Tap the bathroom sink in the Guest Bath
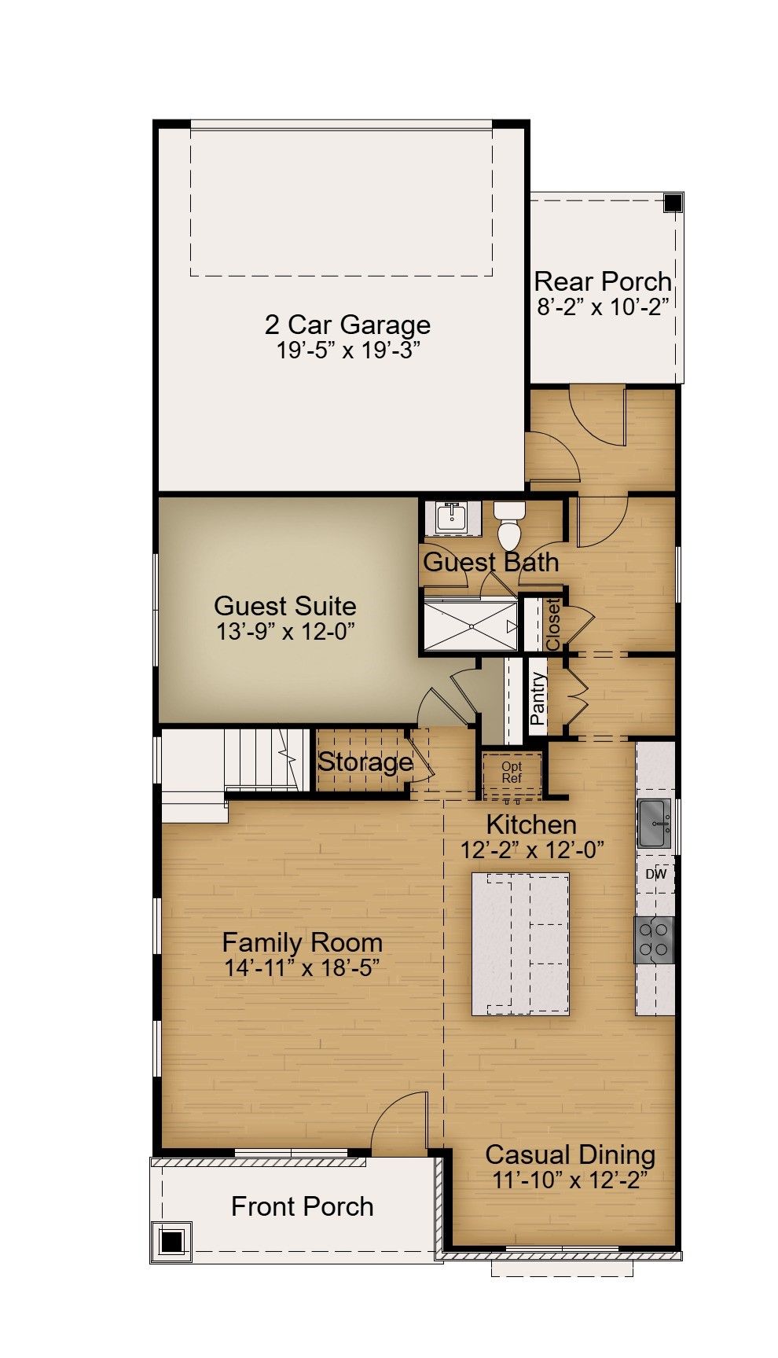coord(453,518)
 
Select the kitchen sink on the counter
coord(655,823)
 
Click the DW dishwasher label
coord(656,874)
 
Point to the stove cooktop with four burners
coord(655,940)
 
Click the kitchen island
coord(520,943)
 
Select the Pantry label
coord(538,699)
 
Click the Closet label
coord(553,624)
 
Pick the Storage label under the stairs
coord(365,762)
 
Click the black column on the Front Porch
coord(171,1242)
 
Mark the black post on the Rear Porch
coord(673,203)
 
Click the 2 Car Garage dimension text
coord(348,350)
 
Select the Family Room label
coord(303,942)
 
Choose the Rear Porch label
coord(603,281)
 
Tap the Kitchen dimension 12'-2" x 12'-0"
coord(532,849)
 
